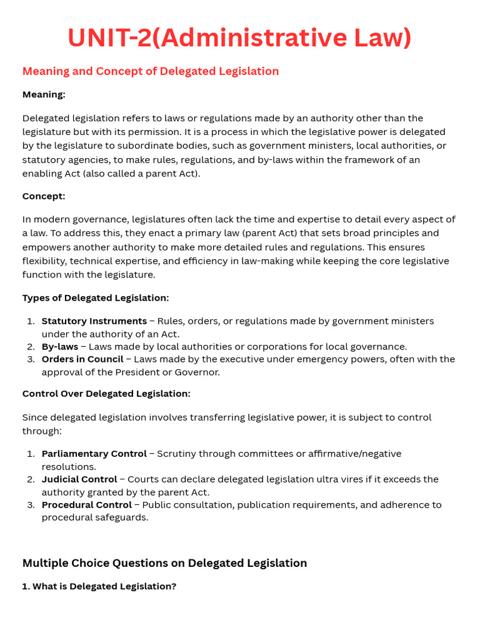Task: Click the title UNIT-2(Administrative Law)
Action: click(239, 37)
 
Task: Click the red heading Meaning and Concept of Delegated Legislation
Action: click(151, 71)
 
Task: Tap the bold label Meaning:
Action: click(44, 94)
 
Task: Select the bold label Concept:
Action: click(44, 196)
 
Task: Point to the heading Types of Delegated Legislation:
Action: click(96, 298)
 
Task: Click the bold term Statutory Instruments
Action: click(94, 321)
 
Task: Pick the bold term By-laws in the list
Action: click(60, 347)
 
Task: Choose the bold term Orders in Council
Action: click(82, 359)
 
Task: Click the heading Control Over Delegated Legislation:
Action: click(106, 394)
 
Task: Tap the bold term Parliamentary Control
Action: click(94, 454)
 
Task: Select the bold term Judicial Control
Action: click(79, 479)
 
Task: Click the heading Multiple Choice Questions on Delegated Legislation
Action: click(164, 563)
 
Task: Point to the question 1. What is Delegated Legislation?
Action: click(99, 587)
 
